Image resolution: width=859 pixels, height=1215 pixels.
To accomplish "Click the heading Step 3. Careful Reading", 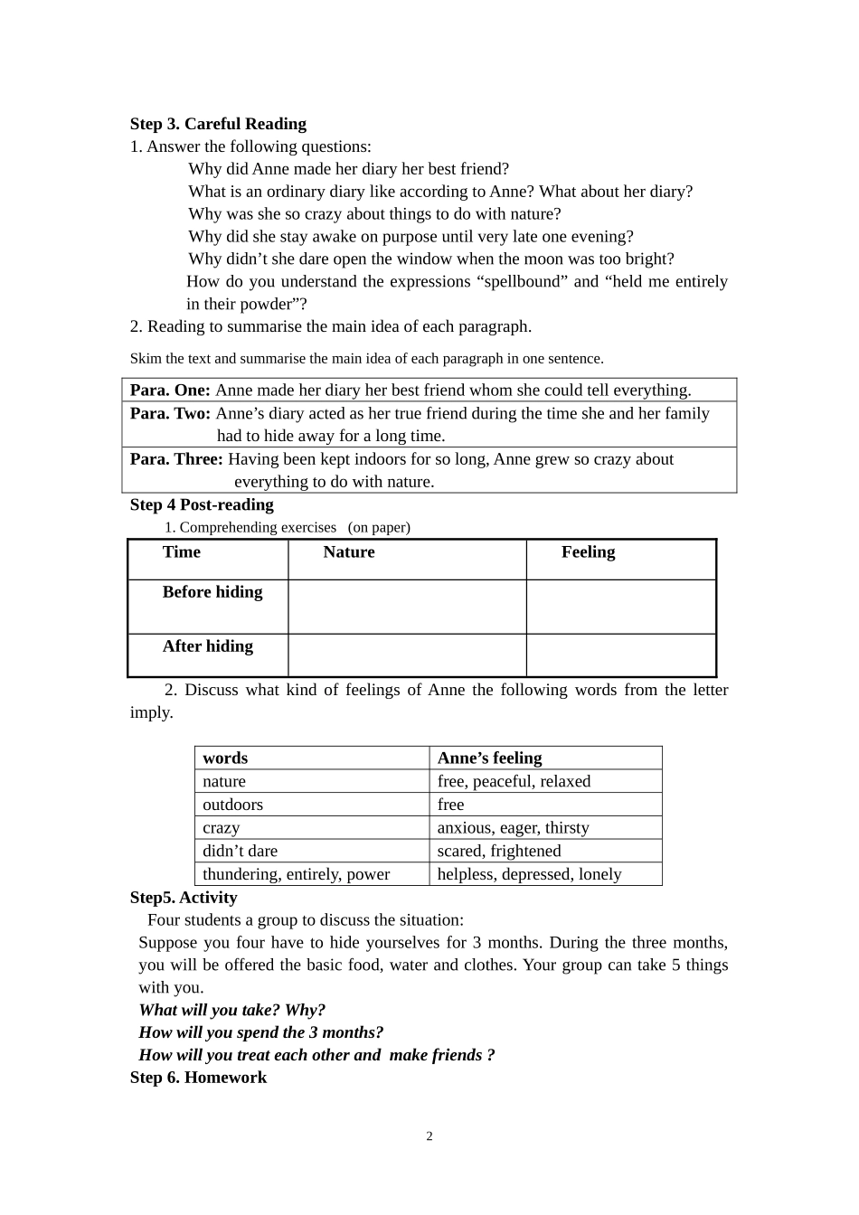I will [218, 124].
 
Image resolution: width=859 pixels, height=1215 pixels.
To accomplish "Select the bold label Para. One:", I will [170, 391].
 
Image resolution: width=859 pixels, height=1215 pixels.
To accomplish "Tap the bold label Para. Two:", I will [171, 413].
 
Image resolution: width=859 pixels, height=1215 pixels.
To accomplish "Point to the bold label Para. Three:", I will [176, 459].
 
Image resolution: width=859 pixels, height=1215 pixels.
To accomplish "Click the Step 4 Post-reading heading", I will [202, 504].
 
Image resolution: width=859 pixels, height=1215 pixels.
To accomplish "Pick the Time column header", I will [182, 552].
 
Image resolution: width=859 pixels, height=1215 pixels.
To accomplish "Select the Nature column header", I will [349, 552].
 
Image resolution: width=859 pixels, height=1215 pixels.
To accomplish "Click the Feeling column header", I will [588, 552].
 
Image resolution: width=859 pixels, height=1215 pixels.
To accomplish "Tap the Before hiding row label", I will [212, 592].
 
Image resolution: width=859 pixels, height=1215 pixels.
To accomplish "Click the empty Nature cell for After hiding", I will [407, 655].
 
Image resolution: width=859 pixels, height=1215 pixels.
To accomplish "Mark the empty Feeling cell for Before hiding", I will [621, 607].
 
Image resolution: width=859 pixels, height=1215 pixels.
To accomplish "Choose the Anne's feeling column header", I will [489, 758].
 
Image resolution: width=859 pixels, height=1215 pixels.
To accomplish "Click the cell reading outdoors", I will [233, 805].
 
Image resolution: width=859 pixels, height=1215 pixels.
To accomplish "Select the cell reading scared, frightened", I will [499, 851].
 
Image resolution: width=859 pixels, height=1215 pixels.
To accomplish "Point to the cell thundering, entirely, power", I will [297, 874].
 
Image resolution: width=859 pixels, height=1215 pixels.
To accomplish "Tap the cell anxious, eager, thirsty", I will [513, 828].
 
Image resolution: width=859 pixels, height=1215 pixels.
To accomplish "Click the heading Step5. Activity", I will [184, 898].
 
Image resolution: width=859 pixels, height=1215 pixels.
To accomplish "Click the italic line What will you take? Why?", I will [231, 1010].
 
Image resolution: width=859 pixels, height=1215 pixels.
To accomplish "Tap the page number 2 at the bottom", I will [429, 1136].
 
